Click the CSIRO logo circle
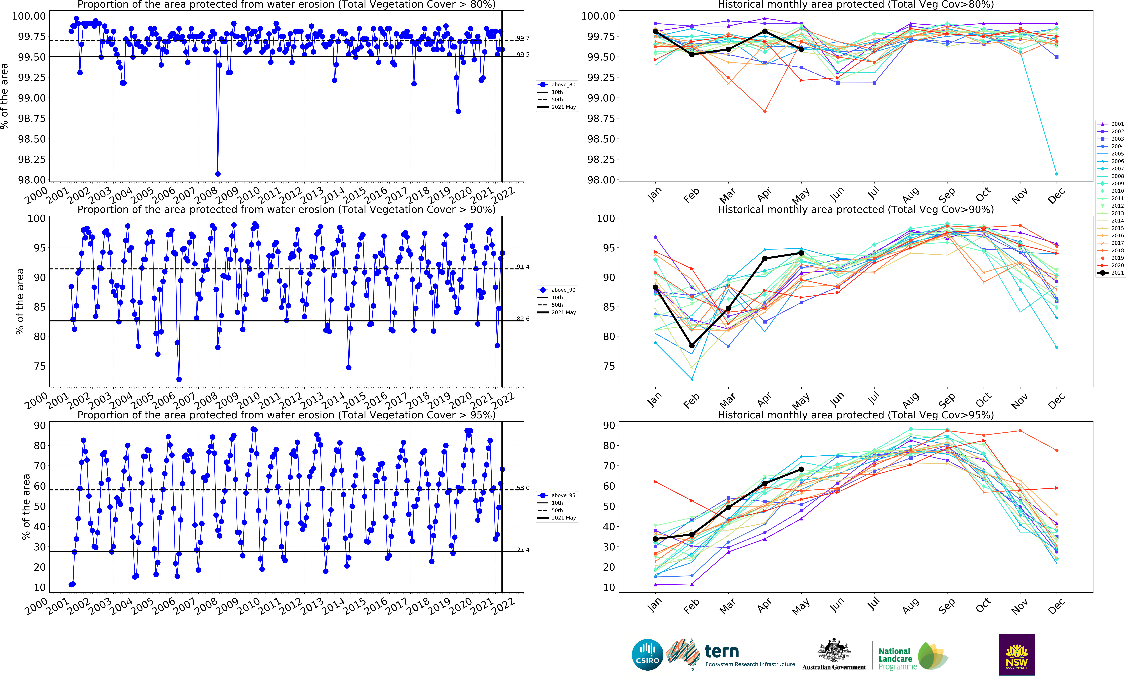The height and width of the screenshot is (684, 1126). tap(648, 655)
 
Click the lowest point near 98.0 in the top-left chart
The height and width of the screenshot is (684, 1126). tap(218, 174)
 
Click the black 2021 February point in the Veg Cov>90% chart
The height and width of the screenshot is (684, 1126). tap(692, 345)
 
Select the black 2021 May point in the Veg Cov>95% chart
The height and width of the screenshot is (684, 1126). tap(801, 469)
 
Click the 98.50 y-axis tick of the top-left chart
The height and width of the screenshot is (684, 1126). tap(32, 139)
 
